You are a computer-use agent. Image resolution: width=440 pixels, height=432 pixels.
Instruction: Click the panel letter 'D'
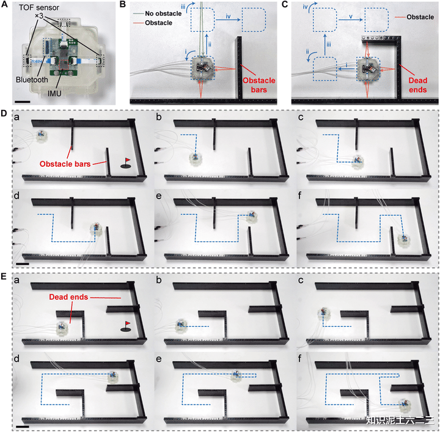pos(5,114)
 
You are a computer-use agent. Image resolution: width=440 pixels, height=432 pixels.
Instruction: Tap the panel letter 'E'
pos(5,276)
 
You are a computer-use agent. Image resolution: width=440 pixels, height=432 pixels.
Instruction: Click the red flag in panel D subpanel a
pos(127,162)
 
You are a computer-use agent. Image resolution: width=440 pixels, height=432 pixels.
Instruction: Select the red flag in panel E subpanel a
pos(127,324)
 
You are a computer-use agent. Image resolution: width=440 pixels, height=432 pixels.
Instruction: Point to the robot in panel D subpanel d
pos(96,230)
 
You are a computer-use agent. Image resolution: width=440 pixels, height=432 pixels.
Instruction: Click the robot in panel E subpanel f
pos(404,404)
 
